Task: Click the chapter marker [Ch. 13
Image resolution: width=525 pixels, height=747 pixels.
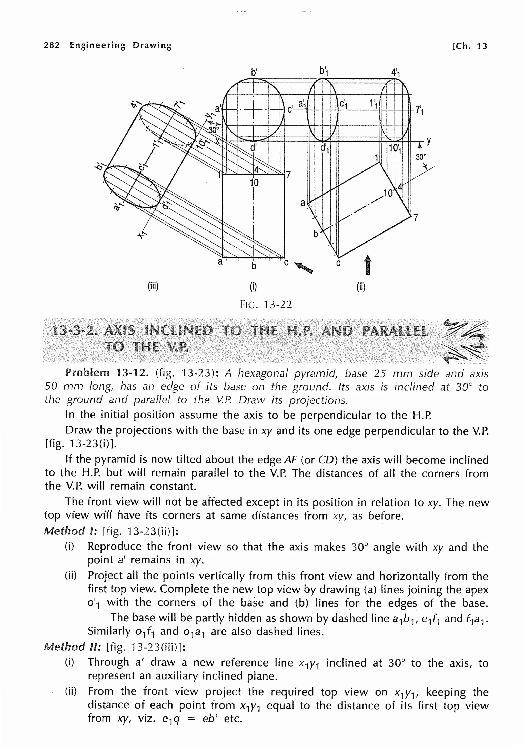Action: (x=469, y=46)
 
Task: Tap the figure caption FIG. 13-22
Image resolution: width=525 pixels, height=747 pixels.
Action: (x=266, y=305)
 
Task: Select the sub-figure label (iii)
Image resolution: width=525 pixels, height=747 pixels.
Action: (x=153, y=287)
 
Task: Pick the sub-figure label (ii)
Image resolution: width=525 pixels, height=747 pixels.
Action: (x=361, y=287)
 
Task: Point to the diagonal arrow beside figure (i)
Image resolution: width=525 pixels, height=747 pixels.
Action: (x=304, y=267)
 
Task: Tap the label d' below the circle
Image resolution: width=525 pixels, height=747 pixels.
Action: (x=253, y=147)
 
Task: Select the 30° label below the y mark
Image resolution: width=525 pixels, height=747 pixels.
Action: (x=421, y=157)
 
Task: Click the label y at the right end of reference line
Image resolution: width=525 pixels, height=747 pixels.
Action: (x=429, y=140)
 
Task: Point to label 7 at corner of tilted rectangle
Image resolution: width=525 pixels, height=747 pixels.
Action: (x=415, y=218)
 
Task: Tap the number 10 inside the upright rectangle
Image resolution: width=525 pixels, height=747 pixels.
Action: (x=254, y=183)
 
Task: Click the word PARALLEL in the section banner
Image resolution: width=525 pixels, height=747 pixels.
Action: (x=395, y=331)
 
